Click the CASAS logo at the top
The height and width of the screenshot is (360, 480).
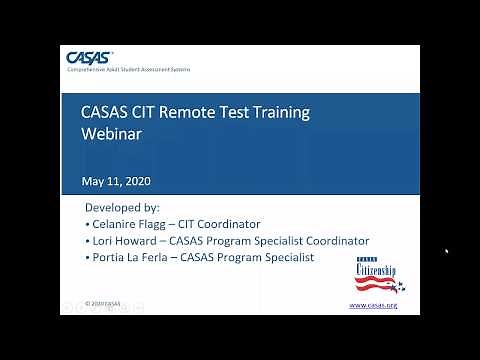point(90,56)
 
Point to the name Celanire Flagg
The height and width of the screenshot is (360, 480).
point(127,224)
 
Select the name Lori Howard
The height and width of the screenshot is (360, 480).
point(121,241)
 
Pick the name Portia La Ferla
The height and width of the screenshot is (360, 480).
point(131,257)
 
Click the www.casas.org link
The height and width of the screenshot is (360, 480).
point(372,305)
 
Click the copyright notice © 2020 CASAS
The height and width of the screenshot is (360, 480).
point(103,303)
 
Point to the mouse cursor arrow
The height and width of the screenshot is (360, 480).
point(446,252)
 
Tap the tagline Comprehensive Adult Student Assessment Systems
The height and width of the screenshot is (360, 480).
point(128,69)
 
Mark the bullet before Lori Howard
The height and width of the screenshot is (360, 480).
point(88,241)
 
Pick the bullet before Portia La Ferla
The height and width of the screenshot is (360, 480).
point(88,257)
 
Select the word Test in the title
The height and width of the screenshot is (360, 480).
point(236,112)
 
